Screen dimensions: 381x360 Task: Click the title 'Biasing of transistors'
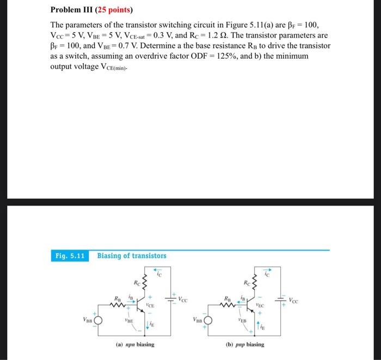[x=132, y=256]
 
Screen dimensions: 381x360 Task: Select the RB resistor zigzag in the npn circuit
[x=119, y=305]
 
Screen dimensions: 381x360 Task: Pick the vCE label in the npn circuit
[x=151, y=306]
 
